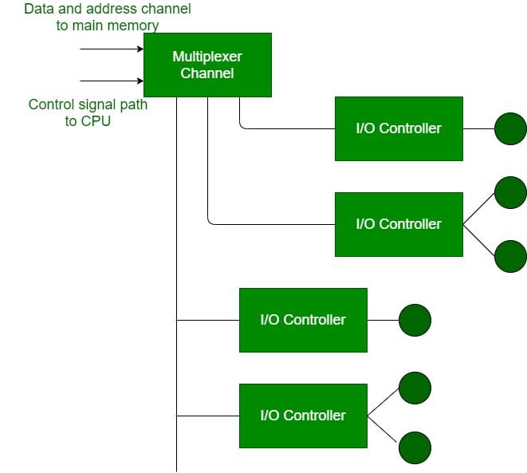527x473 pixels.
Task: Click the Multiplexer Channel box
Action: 207,65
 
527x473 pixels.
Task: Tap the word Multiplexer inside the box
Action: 207,57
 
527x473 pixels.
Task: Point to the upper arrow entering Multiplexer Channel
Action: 112,49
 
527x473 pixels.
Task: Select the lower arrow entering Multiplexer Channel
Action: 112,81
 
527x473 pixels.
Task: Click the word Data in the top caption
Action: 39,10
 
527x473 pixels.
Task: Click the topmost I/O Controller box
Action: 399,128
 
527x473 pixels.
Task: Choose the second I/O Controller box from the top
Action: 399,224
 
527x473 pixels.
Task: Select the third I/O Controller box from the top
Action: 303,320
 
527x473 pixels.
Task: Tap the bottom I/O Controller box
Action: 303,416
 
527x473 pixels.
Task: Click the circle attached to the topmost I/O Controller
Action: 510,128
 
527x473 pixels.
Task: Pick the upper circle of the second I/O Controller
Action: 510,192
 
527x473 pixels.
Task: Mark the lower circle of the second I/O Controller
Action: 510,256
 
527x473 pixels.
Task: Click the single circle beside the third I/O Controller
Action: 415,320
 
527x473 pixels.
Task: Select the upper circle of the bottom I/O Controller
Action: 415,388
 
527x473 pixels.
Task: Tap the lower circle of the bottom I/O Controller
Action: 415,447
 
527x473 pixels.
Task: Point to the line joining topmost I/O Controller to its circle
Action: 478,128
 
